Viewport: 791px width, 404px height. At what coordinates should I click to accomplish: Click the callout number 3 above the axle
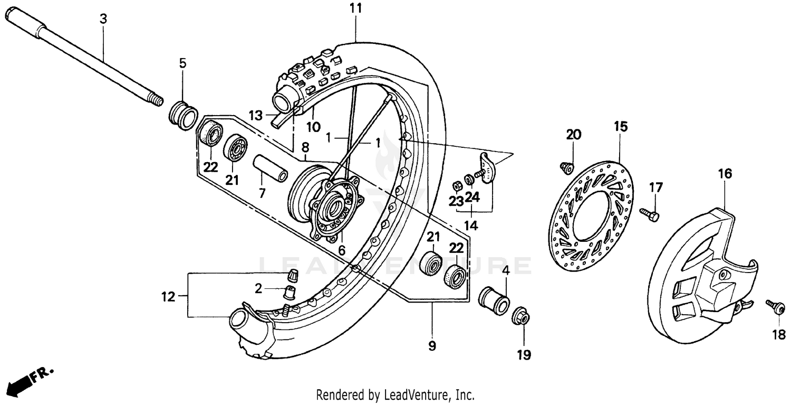point(103,19)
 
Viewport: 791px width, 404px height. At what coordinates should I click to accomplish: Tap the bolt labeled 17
point(649,213)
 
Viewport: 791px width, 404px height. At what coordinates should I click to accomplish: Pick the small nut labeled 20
point(567,167)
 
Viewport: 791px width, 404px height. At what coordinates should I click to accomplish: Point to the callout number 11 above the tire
point(355,8)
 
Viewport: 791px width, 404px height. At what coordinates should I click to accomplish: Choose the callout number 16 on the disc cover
point(725,173)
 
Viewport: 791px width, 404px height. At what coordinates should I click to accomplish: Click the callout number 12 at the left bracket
point(168,297)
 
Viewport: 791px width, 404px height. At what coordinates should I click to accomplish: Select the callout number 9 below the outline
point(432,346)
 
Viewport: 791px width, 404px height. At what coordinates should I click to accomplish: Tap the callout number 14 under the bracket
point(471,226)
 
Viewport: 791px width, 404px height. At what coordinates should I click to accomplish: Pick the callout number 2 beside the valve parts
point(258,288)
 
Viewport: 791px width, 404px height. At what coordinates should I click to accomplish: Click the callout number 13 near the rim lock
point(255,115)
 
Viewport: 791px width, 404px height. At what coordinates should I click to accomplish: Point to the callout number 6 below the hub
point(342,251)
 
